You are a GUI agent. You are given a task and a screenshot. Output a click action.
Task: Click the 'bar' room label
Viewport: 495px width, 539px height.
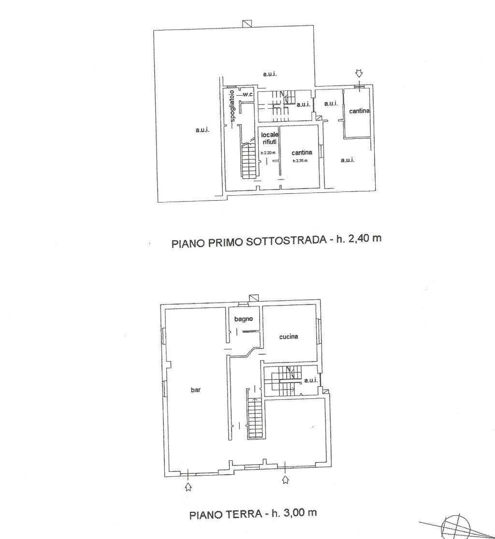(196, 390)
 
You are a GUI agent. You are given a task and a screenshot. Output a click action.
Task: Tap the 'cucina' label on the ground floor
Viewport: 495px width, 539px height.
(289, 336)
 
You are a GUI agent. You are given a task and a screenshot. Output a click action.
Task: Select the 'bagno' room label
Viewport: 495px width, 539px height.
(243, 319)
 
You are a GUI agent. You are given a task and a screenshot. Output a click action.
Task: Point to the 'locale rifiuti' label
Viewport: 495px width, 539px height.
(270, 138)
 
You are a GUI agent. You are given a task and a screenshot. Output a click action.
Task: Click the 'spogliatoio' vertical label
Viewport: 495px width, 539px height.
(233, 106)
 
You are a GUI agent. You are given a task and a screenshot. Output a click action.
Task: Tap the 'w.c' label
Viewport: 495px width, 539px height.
(248, 95)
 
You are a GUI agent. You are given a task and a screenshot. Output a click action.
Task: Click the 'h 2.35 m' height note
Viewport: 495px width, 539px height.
(300, 160)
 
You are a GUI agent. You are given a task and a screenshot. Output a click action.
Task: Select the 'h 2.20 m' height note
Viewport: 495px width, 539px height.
(268, 153)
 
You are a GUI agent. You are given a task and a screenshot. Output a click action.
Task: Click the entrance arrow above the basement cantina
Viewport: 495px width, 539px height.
(359, 73)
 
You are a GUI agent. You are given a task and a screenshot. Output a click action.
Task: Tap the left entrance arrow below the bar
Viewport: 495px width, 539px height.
(188, 487)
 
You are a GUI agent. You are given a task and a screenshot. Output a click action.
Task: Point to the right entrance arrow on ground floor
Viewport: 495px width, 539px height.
(285, 480)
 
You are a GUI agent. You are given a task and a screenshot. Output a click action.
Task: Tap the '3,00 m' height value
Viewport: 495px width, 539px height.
(299, 512)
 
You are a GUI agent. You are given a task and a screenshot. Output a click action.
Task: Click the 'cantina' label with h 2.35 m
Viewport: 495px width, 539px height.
(302, 153)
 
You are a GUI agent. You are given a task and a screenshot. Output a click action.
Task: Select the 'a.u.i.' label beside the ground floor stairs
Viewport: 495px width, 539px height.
(311, 380)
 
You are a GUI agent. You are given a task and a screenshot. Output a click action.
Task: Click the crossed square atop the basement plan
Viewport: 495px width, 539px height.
(247, 23)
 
